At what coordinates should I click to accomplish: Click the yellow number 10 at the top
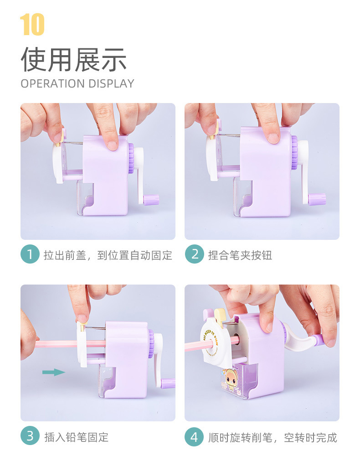coord(32,25)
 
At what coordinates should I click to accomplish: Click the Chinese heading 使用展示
coord(74,60)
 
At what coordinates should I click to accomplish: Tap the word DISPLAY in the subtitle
coord(111,84)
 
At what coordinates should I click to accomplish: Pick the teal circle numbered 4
coord(195,436)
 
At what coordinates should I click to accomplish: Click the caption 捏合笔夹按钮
coord(240,255)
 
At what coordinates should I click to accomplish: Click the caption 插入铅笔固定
coord(76,437)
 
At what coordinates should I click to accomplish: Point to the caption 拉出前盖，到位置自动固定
coord(108,255)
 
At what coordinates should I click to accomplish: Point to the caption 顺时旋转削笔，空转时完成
coord(273,437)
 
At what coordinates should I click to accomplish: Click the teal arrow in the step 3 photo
coord(54,372)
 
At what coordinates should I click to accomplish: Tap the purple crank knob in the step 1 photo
coord(151,200)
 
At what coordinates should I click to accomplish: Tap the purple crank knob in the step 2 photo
coord(317,200)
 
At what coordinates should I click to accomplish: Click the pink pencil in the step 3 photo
coord(70,344)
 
